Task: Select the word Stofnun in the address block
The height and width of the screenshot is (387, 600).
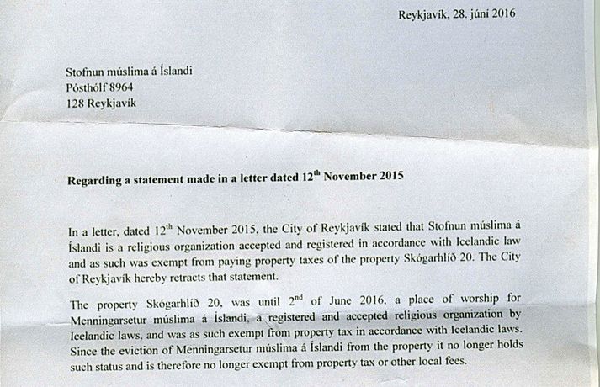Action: tap(88, 70)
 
